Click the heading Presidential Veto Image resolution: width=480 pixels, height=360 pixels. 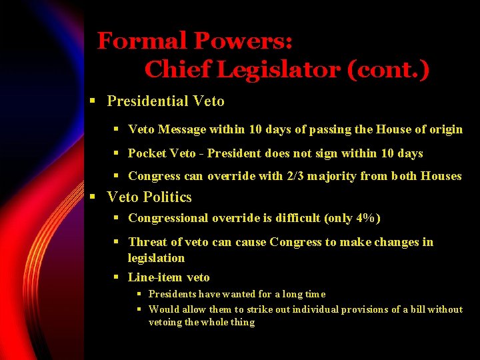[x=165, y=101]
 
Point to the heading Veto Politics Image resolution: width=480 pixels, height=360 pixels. [x=149, y=197]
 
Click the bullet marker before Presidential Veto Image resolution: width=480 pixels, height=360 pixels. [x=94, y=101]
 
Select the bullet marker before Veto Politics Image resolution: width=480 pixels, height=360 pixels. [x=94, y=197]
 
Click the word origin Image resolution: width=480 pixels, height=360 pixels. [x=445, y=129]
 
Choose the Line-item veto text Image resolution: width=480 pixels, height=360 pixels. [x=169, y=277]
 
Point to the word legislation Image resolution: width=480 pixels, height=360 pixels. [x=156, y=258]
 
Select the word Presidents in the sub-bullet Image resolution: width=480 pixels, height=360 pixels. [x=172, y=294]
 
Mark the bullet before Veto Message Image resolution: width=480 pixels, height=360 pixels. [x=116, y=129]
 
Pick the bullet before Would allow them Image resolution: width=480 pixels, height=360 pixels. [x=140, y=309]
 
